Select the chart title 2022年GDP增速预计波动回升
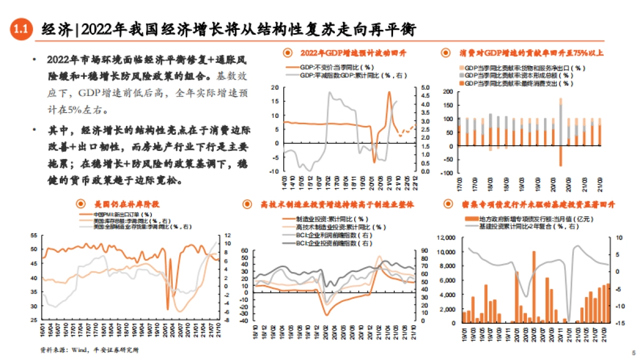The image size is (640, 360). click(x=353, y=53)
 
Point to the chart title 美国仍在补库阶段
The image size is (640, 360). click(x=127, y=204)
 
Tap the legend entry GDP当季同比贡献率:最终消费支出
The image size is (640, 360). click(x=525, y=83)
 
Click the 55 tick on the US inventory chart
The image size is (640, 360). click(x=34, y=235)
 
